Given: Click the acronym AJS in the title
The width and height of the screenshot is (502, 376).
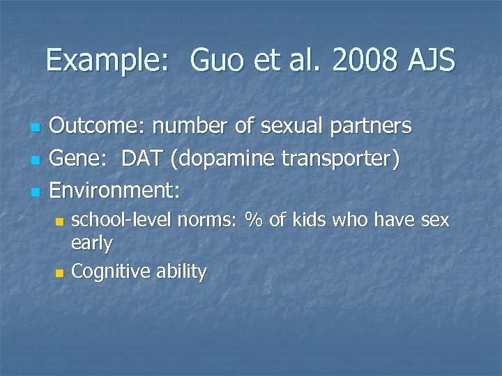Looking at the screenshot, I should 430,61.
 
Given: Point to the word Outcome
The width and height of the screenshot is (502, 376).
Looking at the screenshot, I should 98,126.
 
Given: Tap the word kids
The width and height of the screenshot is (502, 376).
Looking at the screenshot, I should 310,221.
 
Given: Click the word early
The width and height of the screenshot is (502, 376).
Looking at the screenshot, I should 92,244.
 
